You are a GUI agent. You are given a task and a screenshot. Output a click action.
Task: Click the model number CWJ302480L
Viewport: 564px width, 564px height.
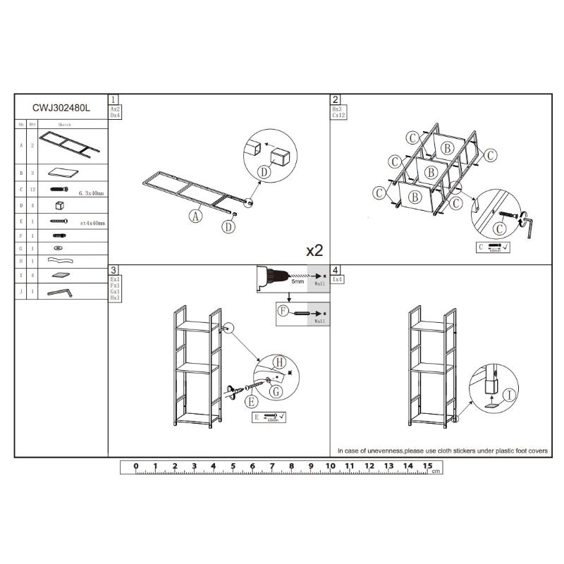coord(61,109)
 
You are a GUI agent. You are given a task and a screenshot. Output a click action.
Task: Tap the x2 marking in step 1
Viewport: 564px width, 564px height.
coord(314,250)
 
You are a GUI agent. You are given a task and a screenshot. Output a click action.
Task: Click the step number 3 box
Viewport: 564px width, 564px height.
coord(114,270)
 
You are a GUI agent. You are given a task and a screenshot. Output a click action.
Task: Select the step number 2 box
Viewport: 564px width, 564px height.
coord(336,99)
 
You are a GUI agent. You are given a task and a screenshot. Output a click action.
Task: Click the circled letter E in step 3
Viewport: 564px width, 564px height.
coord(250,403)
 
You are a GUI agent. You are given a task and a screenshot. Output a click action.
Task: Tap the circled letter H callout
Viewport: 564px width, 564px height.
coord(278,363)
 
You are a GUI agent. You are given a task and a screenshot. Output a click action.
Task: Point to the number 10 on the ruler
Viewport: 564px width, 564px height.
coord(330,466)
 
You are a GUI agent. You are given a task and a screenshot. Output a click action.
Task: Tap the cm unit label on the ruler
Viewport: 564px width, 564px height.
coord(436,470)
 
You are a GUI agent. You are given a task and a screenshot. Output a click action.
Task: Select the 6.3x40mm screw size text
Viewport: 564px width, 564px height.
coord(92,192)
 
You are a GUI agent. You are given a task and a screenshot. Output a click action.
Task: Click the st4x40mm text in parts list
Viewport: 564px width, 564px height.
coord(92,223)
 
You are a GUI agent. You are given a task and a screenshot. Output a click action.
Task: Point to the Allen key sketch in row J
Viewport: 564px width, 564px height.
coord(60,291)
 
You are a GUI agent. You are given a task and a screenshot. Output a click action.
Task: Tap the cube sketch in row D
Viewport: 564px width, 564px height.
coord(59,206)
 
